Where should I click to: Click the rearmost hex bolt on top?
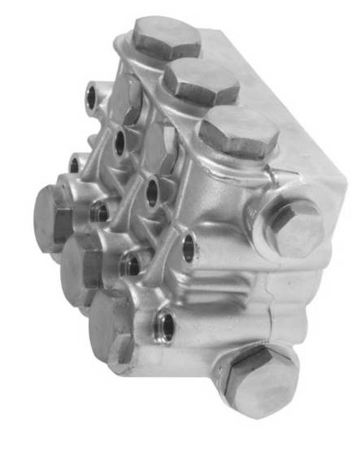166,37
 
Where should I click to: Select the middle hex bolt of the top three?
201,82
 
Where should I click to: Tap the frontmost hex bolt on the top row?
237,132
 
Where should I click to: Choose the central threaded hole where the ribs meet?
152,190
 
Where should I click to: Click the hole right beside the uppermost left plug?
99,212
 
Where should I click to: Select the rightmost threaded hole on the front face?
189,248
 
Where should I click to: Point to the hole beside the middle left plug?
130,264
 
